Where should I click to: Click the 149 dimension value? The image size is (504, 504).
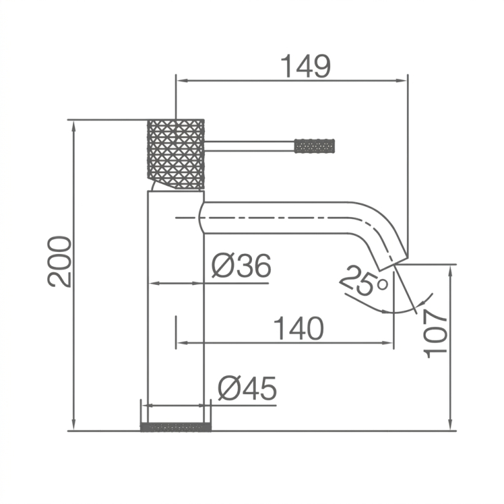pyautogui.click(x=306, y=66)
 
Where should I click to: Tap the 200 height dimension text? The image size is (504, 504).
pyautogui.click(x=59, y=262)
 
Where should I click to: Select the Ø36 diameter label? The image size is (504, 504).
pyautogui.click(x=242, y=266)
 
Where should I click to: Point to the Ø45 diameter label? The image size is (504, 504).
pyautogui.click(x=247, y=388)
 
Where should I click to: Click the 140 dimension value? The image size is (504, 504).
pyautogui.click(x=299, y=328)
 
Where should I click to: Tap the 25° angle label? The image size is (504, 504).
pyautogui.click(x=364, y=280)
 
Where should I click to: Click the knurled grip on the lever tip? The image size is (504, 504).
pyautogui.click(x=315, y=146)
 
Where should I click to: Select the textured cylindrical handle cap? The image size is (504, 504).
pyautogui.click(x=176, y=154)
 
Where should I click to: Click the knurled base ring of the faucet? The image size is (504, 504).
pyautogui.click(x=176, y=427)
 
